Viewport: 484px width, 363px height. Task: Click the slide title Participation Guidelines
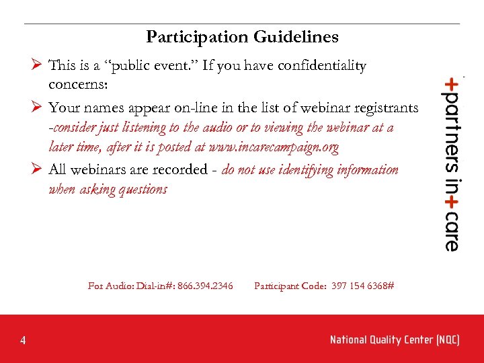click(242, 36)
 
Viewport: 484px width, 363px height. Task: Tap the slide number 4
click(23, 341)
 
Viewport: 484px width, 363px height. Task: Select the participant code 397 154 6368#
click(363, 286)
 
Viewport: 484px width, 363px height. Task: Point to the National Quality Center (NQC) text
click(395, 340)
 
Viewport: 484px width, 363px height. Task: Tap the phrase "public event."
click(149, 66)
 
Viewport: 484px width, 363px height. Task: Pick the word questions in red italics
click(142, 189)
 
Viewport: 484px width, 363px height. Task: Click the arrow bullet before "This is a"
click(38, 65)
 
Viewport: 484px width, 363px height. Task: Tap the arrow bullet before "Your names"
click(38, 107)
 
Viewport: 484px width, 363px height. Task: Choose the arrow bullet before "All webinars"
click(38, 169)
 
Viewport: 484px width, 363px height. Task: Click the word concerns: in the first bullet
click(77, 85)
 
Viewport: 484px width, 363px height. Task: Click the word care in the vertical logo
click(451, 229)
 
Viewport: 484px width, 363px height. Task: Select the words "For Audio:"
click(110, 286)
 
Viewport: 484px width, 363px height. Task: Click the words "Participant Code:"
click(290, 286)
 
